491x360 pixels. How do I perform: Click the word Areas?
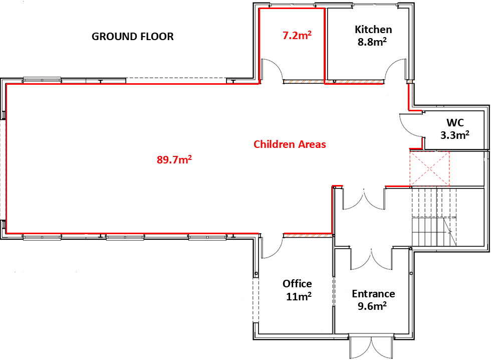click(312, 144)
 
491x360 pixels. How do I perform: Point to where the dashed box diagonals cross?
click(429, 169)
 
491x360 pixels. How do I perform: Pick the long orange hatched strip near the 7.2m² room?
click(333, 82)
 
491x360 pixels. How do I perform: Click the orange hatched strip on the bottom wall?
click(309, 235)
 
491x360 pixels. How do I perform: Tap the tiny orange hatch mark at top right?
click(410, 81)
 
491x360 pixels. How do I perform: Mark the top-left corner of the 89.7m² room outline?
click(7, 84)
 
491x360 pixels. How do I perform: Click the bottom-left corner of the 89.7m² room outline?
click(7, 233)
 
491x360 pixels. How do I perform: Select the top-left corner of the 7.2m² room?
click(259, 9)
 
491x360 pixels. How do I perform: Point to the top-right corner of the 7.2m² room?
click(324, 9)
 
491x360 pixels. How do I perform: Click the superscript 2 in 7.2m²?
click(310, 33)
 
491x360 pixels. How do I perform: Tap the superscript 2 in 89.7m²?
click(190, 157)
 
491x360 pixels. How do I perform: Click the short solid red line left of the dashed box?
click(397, 186)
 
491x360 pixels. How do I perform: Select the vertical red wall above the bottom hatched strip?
click(332, 209)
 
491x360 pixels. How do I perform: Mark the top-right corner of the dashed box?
click(449, 152)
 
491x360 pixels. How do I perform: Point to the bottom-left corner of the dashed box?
click(410, 186)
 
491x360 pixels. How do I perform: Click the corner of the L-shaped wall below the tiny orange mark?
click(409, 110)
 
